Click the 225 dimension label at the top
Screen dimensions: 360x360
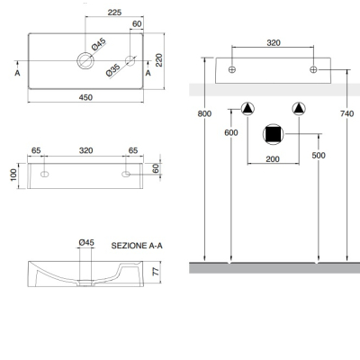coord(114,13)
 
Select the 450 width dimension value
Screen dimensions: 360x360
coord(85,97)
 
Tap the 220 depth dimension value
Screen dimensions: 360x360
coord(159,60)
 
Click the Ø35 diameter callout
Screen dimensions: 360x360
coord(113,70)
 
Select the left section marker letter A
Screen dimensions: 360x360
coord(17,73)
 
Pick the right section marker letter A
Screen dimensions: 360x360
coord(148,73)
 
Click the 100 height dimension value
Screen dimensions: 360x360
coord(13,175)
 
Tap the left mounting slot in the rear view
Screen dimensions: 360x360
coord(44,174)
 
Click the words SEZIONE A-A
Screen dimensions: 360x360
coord(137,246)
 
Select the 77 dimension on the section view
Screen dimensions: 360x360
coord(156,272)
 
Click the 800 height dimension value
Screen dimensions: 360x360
coord(204,113)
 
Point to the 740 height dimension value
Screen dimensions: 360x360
coord(347,113)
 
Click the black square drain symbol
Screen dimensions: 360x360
coord(273,134)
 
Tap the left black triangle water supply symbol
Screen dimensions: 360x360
coord(247,109)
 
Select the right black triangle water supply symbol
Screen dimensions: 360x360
coord(299,109)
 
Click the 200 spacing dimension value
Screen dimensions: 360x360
coord(273,159)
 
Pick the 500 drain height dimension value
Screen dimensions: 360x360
coord(319,156)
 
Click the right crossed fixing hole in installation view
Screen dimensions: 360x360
coord(313,69)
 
